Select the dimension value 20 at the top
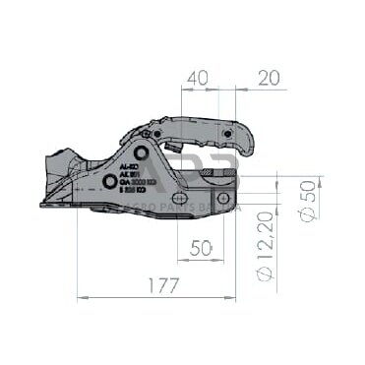pyautogui.click(x=269, y=77)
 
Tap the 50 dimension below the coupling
pyautogui.click(x=201, y=249)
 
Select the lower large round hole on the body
pyautogui.click(x=108, y=183)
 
